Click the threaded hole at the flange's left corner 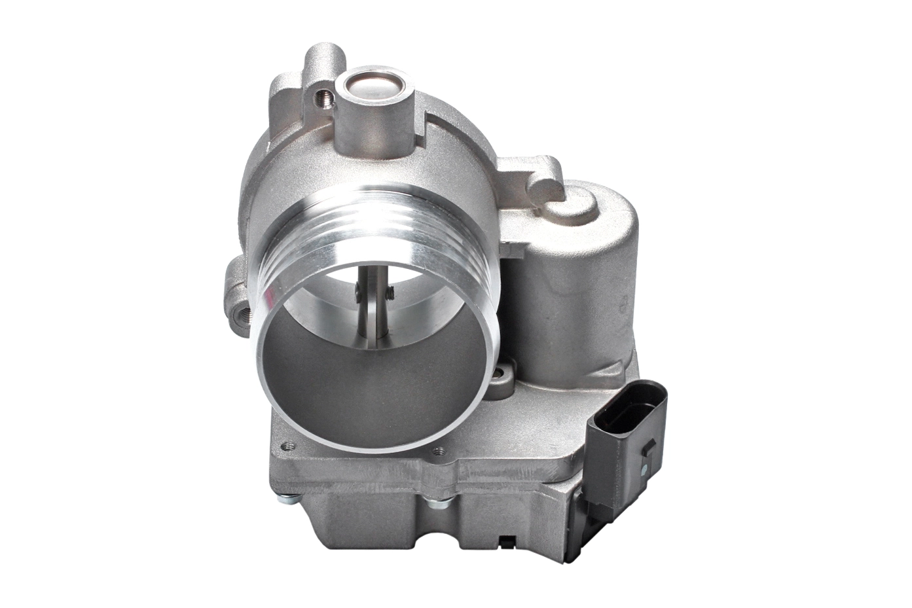pos(283,448)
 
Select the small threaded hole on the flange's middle pos(437,450)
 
